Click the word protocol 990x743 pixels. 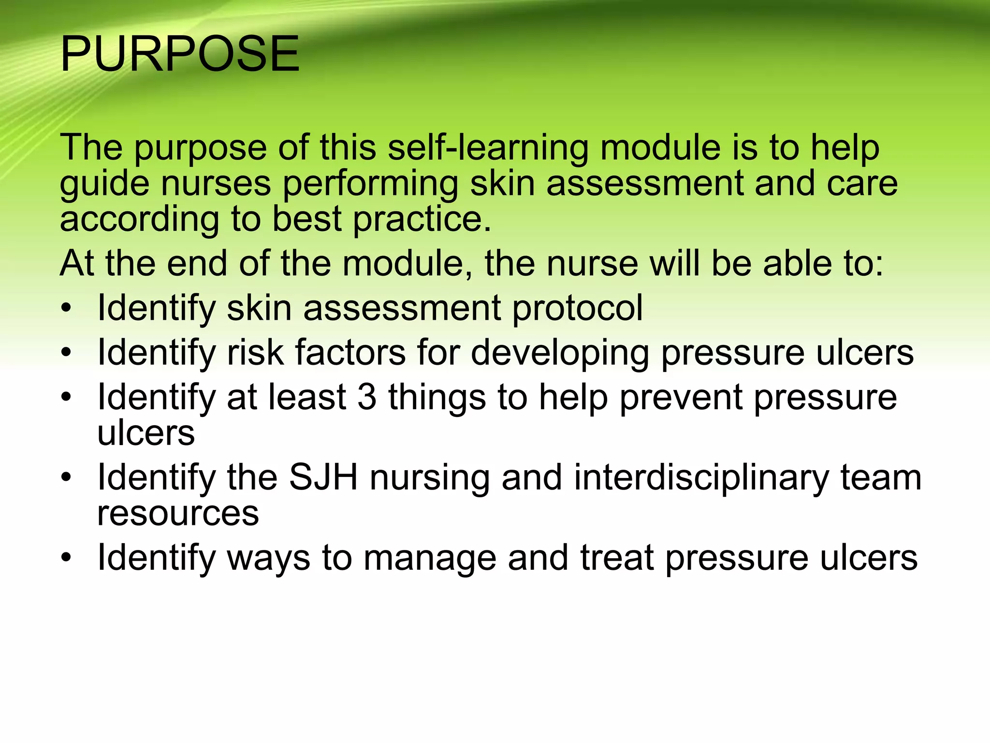[x=577, y=308]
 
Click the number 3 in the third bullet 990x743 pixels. [x=367, y=397]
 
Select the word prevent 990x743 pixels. [x=681, y=397]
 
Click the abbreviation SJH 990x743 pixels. [x=323, y=477]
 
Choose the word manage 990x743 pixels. [x=430, y=558]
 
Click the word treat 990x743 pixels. [x=617, y=557]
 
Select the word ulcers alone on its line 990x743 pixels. [x=146, y=433]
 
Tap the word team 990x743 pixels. [x=881, y=477]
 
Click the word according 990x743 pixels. [x=139, y=220]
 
